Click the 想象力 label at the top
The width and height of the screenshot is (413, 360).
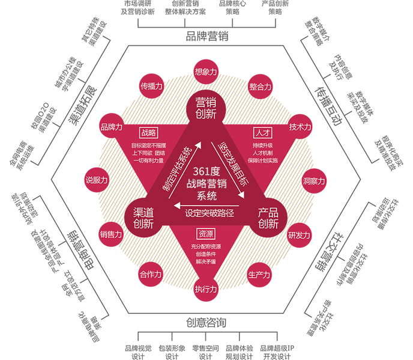click(x=206, y=72)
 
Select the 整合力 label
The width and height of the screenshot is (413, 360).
click(x=260, y=87)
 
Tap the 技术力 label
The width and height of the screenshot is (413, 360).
click(x=300, y=127)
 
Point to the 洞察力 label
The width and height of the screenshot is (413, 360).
click(x=313, y=181)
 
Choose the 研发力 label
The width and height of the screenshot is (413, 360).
click(x=299, y=235)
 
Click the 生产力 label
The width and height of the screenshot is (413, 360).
click(x=259, y=275)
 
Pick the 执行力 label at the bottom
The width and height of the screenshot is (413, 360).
click(x=206, y=289)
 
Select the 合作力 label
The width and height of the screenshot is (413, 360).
click(x=151, y=275)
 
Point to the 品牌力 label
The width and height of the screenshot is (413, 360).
click(x=112, y=127)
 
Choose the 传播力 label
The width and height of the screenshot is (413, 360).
click(x=151, y=86)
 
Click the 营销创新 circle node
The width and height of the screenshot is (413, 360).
click(x=206, y=108)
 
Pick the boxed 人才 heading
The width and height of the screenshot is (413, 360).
click(x=262, y=132)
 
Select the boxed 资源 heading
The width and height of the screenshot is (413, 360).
click(x=205, y=233)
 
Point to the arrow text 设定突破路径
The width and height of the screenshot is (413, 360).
click(x=209, y=212)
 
